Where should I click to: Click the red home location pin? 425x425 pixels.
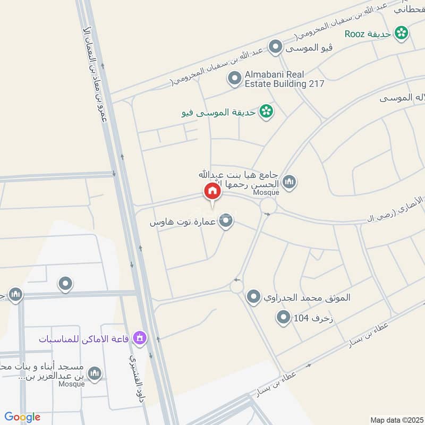pyautogui.click(x=212, y=191)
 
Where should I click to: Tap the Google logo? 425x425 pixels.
pyautogui.click(x=22, y=417)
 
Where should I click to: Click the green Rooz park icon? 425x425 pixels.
pyautogui.click(x=402, y=33)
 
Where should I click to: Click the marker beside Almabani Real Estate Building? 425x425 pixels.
pyautogui.click(x=234, y=79)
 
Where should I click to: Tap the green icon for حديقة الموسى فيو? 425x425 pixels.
pyautogui.click(x=266, y=112)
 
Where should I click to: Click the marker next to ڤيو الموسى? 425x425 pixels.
pyautogui.click(x=275, y=48)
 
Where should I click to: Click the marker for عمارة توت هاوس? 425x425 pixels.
pyautogui.click(x=226, y=222)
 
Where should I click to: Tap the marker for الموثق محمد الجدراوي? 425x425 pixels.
pyautogui.click(x=254, y=297)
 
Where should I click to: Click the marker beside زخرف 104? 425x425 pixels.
pyautogui.click(x=283, y=318)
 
